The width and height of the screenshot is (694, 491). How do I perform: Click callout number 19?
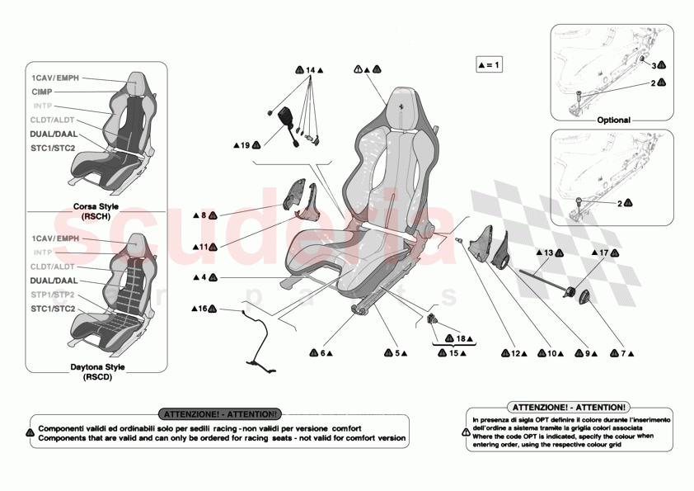[x=245, y=145]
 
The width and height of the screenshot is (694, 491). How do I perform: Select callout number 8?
[x=204, y=215]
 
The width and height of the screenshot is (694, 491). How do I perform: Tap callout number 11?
[x=204, y=246]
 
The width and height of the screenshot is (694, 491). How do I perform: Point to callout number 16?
[x=201, y=309]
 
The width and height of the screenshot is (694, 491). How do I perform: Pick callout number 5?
[x=396, y=353]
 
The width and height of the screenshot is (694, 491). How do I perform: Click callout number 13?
[x=549, y=253]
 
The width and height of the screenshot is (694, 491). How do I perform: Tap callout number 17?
[x=604, y=253]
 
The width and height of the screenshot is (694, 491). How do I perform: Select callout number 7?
[x=623, y=353]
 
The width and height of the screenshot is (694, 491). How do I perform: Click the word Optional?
[x=613, y=120]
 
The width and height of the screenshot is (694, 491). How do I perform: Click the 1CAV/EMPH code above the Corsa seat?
[x=55, y=78]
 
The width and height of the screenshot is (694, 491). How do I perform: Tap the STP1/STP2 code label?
[x=53, y=295]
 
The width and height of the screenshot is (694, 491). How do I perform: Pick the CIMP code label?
[x=42, y=92]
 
